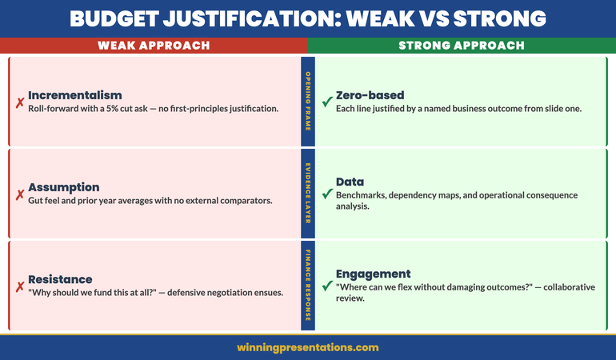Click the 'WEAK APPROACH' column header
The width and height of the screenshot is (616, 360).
coord(154,46)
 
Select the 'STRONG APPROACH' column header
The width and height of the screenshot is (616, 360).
coord(462,46)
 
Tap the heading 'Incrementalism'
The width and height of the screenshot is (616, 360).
coord(75,95)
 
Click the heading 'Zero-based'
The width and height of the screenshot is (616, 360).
coord(370,95)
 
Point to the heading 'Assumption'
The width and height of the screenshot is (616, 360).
coord(64,187)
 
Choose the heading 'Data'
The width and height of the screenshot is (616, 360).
coord(350,182)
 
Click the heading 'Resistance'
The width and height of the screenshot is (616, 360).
coord(60,279)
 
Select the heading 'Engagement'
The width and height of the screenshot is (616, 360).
coord(373,274)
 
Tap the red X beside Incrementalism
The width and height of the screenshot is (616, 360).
coord(19,102)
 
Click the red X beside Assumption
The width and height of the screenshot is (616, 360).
coord(19,194)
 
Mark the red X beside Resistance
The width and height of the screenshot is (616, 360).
coord(19,286)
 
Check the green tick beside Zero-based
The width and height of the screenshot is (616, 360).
coord(326,102)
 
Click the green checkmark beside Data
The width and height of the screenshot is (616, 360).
coord(326,194)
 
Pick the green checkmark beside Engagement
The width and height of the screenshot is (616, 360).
coord(326,286)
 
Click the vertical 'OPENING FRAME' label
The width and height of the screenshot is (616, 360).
coord(308,102)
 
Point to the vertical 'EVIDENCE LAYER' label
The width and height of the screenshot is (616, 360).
coord(308,194)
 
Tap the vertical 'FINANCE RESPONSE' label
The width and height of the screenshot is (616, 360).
coord(308,286)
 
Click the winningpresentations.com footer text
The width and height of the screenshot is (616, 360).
coord(308,347)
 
